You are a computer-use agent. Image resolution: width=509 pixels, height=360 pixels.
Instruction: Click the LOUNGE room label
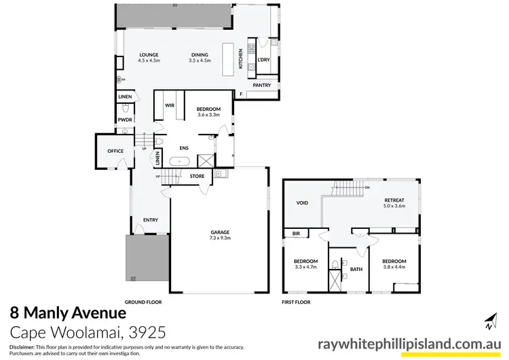[x=149, y=55]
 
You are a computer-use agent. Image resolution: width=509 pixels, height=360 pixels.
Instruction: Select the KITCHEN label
[x=240, y=62]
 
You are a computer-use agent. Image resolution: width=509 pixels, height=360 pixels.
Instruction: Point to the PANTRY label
[x=261, y=86]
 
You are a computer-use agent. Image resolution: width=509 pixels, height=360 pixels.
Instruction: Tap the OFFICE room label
[x=115, y=151]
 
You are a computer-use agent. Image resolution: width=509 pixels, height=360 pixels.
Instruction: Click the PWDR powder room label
[x=125, y=120]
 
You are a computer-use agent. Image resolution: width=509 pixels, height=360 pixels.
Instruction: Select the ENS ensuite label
[x=183, y=147]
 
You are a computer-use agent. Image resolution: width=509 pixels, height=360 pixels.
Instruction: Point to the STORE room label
[x=197, y=177]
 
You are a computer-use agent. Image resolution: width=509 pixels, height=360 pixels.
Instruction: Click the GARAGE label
[x=220, y=232]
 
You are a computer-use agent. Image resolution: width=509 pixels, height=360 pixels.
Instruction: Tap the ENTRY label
[x=150, y=220]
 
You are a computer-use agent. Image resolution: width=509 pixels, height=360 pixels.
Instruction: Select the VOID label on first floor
[x=303, y=202]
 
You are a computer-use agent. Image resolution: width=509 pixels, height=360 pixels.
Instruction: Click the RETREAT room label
[x=394, y=200]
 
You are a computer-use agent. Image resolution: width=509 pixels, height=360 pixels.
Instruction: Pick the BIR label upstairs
[x=296, y=233]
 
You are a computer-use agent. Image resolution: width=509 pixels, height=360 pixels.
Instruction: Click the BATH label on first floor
[x=356, y=269]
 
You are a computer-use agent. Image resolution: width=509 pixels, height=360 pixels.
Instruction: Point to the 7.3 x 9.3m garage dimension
[x=220, y=238]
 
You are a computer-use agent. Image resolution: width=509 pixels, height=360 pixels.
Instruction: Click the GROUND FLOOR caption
[x=143, y=301]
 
